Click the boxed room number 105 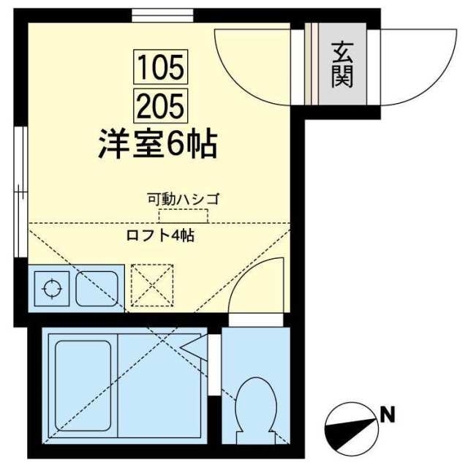(161, 67)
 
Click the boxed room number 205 (161, 107)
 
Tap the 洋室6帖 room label (157, 144)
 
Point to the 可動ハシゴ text (184, 198)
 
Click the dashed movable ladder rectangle (184, 216)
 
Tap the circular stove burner (52, 287)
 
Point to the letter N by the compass (387, 416)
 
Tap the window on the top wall (163, 15)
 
